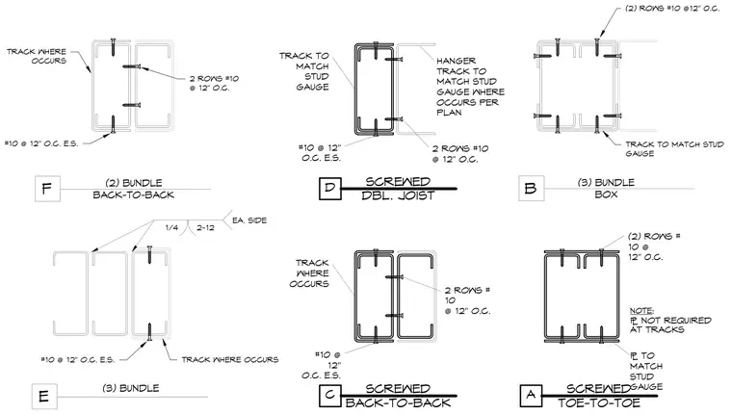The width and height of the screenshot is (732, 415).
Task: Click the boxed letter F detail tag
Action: (47, 189)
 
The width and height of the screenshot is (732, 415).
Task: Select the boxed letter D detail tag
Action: (330, 188)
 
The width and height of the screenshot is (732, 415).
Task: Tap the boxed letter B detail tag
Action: (531, 189)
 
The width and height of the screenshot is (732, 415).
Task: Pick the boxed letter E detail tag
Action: (44, 397)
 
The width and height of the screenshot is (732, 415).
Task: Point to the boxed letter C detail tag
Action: (330, 396)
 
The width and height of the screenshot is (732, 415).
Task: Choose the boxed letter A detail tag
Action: (531, 396)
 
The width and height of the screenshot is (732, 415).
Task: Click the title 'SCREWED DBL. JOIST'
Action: (398, 188)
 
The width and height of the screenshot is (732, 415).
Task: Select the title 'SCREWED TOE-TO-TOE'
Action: (599, 396)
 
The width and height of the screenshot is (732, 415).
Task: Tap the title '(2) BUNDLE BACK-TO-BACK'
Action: (134, 189)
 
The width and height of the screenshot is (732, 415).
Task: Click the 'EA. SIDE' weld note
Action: (249, 220)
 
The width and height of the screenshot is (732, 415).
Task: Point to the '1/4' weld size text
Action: (171, 227)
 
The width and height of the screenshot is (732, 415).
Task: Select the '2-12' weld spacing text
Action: (205, 227)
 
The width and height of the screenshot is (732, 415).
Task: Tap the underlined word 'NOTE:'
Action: (641, 310)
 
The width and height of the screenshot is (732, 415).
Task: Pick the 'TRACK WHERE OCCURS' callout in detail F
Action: (37, 56)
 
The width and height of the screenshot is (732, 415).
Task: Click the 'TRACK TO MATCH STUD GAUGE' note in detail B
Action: (674, 148)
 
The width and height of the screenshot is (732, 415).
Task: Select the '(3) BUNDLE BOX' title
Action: (606, 188)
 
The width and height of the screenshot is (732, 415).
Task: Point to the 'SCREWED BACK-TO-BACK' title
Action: (398, 396)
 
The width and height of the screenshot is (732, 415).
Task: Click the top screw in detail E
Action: (149, 254)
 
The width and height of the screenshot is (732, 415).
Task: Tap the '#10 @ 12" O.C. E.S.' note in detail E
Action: (77, 359)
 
